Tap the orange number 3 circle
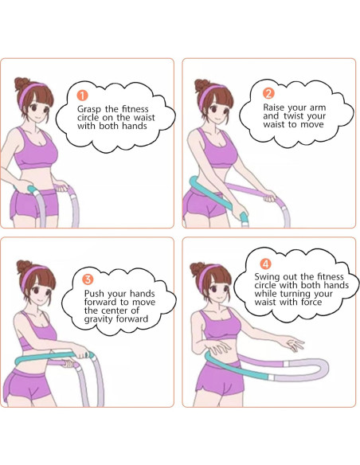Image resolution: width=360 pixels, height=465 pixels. click(88, 278)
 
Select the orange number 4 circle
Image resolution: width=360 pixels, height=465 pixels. click(266, 263)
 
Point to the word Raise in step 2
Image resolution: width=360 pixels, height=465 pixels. click(276, 106)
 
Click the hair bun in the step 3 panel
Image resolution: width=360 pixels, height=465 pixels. click(22, 265)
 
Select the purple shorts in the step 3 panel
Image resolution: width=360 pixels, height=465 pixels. click(32, 387)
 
